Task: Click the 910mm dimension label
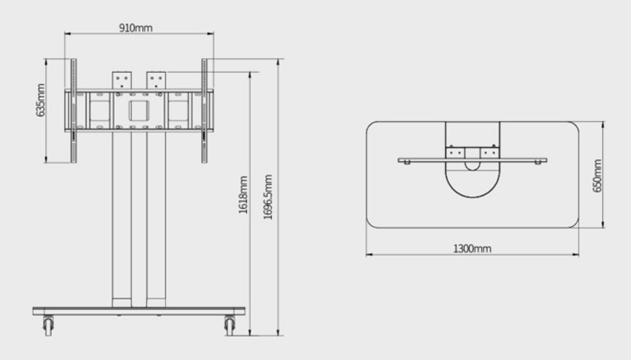tap(136, 28)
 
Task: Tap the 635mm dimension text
tap(41, 100)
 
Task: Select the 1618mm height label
tap(243, 194)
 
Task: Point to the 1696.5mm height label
tap(268, 197)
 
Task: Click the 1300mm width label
tap(472, 248)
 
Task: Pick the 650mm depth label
tap(597, 176)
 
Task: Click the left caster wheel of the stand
tap(48, 325)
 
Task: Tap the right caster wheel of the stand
tap(229, 325)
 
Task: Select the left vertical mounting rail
tap(74, 110)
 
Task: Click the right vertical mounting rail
tap(204, 110)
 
